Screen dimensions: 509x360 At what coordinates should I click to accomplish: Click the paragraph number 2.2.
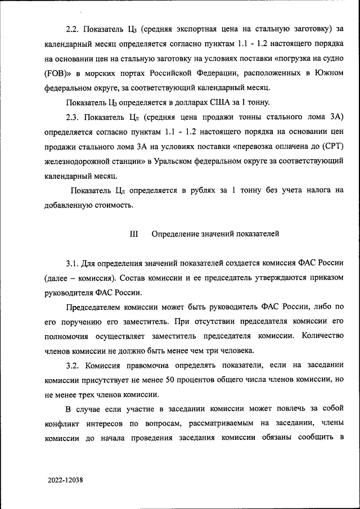point(74,28)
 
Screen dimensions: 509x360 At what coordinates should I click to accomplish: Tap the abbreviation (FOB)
point(57,73)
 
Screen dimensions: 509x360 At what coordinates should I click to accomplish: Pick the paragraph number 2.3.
point(74,117)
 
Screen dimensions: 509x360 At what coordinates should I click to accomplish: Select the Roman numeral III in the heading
point(134,233)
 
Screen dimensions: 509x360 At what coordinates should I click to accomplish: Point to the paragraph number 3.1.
point(74,263)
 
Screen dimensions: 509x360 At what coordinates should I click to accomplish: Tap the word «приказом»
point(323,277)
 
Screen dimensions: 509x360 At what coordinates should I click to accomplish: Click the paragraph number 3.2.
point(74,366)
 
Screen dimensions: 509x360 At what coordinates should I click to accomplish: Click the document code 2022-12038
point(65,480)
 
